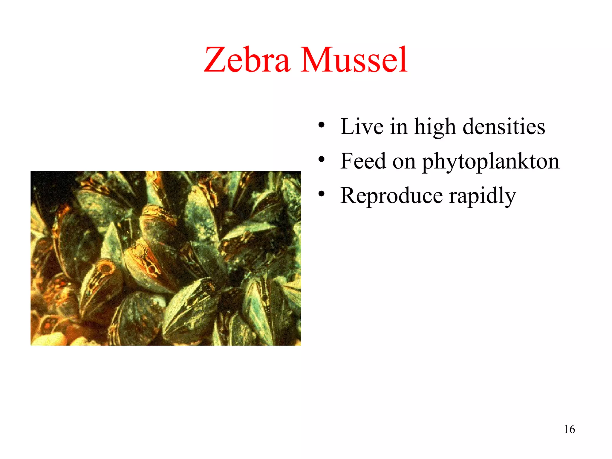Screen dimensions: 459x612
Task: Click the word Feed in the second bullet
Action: click(363, 161)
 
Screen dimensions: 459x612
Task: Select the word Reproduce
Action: click(391, 196)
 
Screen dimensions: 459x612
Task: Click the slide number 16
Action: click(569, 429)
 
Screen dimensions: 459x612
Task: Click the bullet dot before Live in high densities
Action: click(321, 125)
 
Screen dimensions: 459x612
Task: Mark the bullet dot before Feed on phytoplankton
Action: click(321, 159)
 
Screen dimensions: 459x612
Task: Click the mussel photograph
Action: click(166, 258)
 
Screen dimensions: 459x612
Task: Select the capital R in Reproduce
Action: click(349, 195)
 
